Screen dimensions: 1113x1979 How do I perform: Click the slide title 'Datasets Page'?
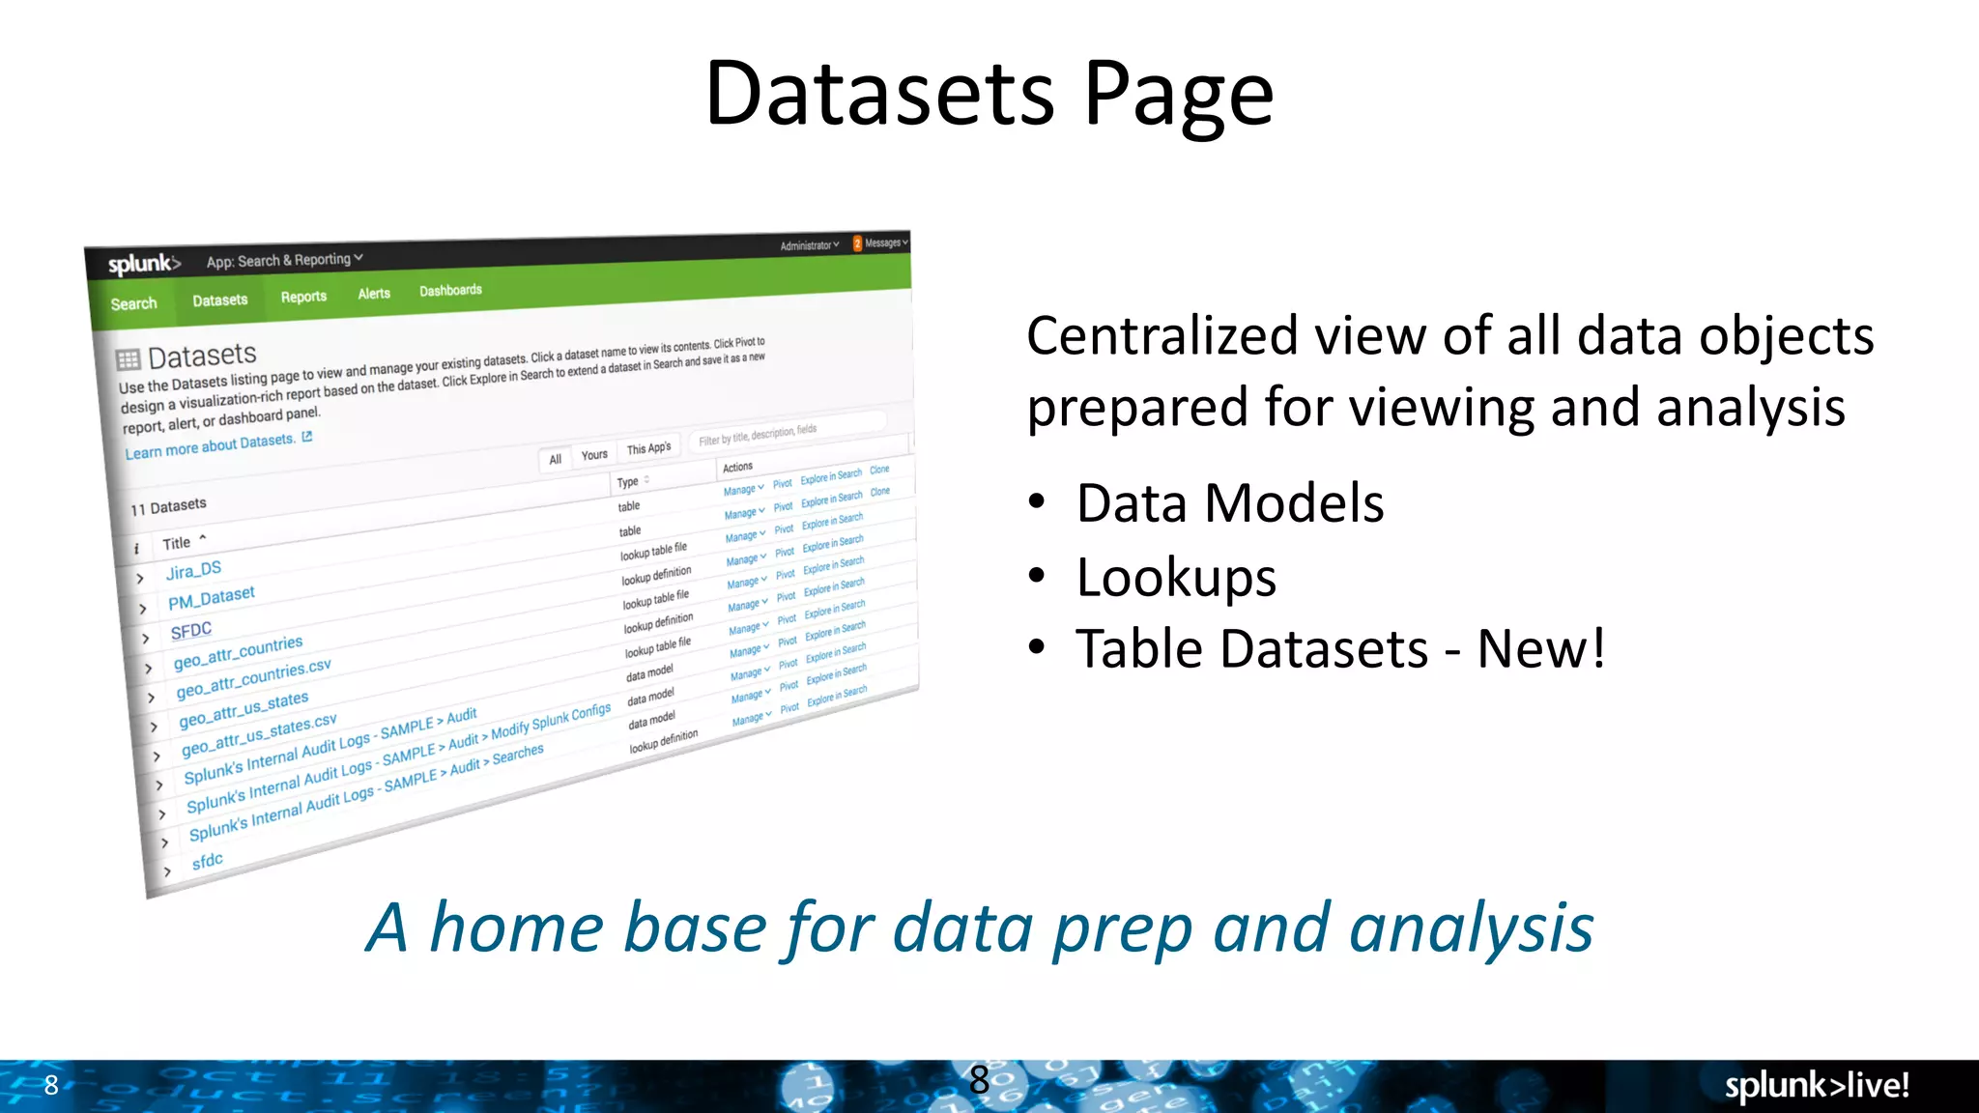pos(989,94)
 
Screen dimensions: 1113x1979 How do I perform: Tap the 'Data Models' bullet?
pos(1229,503)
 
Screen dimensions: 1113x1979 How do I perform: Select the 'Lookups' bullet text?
pos(1176,577)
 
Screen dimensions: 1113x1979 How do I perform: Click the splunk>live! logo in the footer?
pos(1816,1085)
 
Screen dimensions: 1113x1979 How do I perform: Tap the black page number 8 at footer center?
pos(979,1079)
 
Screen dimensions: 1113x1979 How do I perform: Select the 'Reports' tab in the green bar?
pos(303,297)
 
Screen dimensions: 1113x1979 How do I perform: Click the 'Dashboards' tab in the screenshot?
pos(450,290)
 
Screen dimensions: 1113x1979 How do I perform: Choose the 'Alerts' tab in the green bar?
pos(374,294)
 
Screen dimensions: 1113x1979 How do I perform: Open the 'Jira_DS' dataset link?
pos(193,570)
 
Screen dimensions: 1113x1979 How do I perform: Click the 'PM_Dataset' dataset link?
pos(211,598)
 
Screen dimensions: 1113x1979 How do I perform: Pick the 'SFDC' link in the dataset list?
pos(190,631)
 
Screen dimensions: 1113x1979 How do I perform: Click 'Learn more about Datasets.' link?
pos(210,445)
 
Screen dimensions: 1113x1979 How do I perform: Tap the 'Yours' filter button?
pos(594,455)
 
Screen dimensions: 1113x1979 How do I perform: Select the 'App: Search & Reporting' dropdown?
pos(283,260)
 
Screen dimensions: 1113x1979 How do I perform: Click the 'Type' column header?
pos(628,482)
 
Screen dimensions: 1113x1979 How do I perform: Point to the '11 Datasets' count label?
pos(168,506)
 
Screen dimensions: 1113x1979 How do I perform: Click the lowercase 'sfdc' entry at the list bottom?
pos(207,860)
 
